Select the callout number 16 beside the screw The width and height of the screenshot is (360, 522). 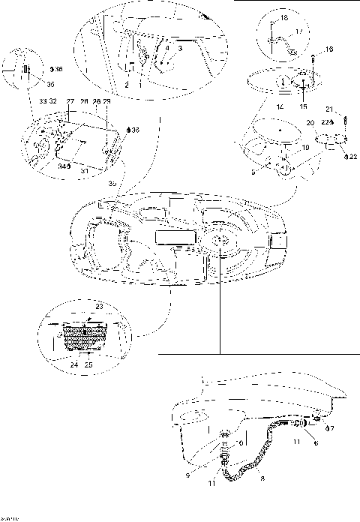pos(330,49)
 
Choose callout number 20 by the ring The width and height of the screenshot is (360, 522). pos(308,122)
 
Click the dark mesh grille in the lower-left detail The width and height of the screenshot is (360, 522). pos(83,337)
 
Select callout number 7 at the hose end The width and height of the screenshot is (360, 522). pos(332,428)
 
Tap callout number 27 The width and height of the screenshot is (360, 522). pos(70,100)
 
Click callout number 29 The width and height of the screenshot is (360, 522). pos(107,100)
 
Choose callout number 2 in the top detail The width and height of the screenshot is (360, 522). pos(127,85)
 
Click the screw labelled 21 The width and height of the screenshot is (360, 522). pos(344,120)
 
